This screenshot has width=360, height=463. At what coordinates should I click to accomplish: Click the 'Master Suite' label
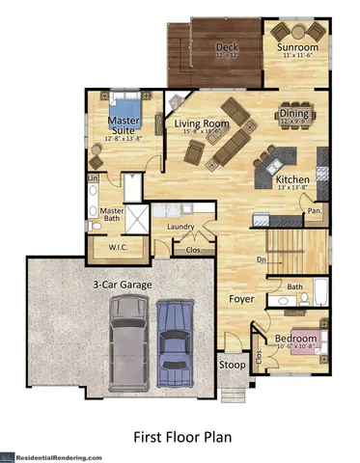point(123,124)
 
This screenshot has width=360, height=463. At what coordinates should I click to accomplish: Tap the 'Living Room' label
point(201,124)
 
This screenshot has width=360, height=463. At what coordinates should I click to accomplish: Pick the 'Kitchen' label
point(291,179)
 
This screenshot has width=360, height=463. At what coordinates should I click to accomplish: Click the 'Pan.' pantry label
point(314,208)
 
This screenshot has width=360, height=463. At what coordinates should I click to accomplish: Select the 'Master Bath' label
point(113,215)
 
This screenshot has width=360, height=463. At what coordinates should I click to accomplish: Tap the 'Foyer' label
point(239,298)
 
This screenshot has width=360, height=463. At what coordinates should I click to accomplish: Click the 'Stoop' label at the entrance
point(232,366)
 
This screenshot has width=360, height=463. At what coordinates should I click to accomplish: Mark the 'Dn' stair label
point(261,259)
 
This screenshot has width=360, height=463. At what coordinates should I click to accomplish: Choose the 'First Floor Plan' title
point(181,437)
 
